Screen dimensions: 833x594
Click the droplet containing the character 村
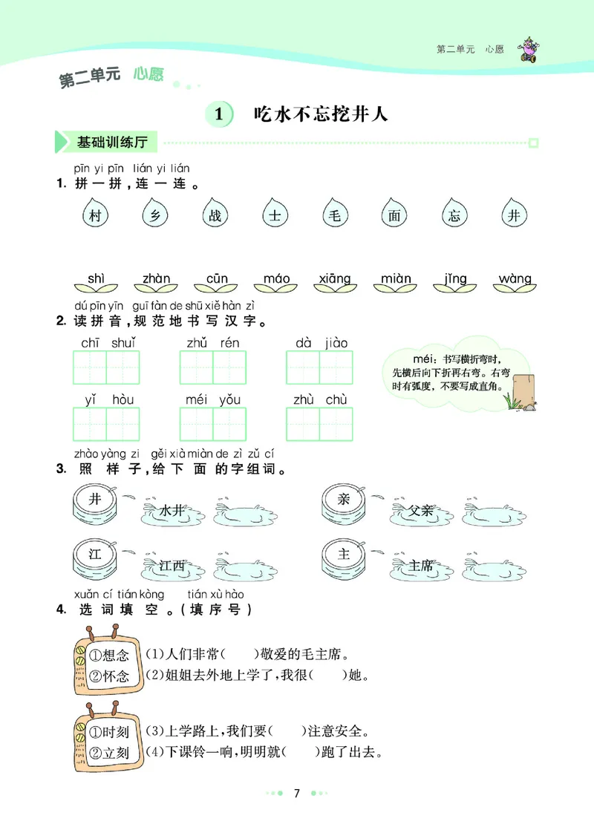(x=94, y=215)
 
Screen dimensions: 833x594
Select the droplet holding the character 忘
(x=454, y=215)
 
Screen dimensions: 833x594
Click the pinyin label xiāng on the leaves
(x=334, y=279)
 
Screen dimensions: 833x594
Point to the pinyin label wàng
(x=515, y=279)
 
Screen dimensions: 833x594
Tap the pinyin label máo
(x=277, y=279)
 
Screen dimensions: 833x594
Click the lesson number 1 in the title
(x=218, y=115)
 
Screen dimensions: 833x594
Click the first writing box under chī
(x=90, y=367)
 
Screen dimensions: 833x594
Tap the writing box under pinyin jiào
(x=336, y=367)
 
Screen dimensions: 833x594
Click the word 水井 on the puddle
(x=172, y=510)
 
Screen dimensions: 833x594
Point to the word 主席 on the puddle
(x=421, y=566)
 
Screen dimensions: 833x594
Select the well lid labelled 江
(x=94, y=555)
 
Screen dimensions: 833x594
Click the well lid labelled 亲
(x=343, y=500)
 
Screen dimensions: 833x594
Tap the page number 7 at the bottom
(x=296, y=794)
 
